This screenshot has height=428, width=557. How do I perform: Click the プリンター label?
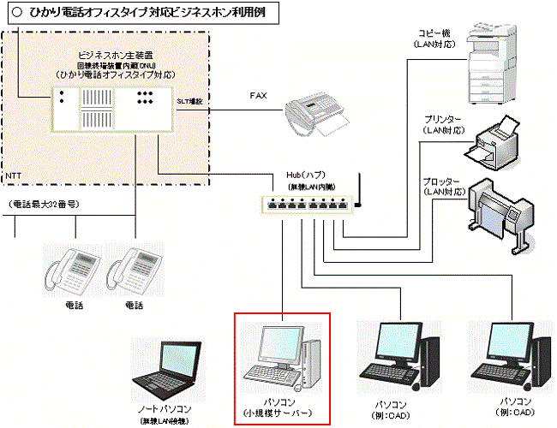tap(442, 119)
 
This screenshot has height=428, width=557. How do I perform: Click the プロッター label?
tap(442, 182)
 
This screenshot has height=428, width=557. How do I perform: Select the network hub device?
tap(308, 205)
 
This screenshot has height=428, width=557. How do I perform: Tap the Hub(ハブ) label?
tap(308, 175)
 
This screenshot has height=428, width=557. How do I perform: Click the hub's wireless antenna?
tap(359, 192)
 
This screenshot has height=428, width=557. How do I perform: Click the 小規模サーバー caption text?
tap(283, 414)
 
